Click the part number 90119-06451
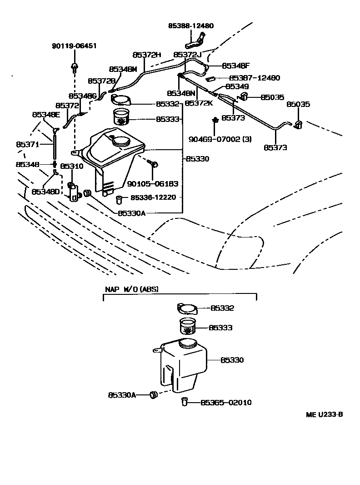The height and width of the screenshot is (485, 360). click(x=74, y=46)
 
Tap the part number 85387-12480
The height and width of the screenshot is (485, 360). click(x=255, y=78)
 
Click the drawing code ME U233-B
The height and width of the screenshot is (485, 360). click(x=324, y=414)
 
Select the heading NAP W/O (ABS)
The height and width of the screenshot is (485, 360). click(x=132, y=289)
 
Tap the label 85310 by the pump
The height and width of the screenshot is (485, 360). click(x=71, y=166)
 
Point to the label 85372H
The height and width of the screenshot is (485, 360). click(x=147, y=55)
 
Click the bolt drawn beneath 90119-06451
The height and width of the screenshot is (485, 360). click(x=74, y=68)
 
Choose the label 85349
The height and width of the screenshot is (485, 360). click(x=237, y=86)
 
